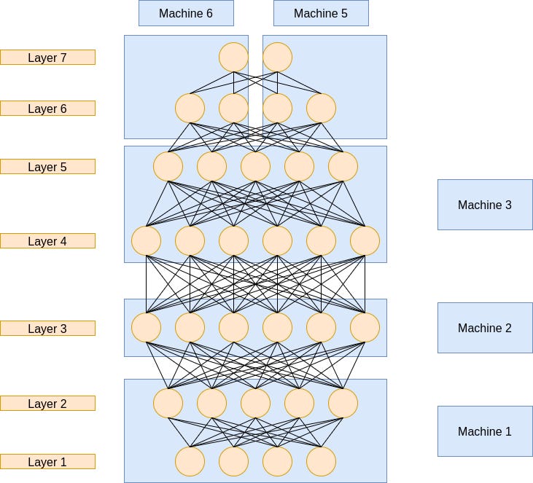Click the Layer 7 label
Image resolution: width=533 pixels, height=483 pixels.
coord(47,57)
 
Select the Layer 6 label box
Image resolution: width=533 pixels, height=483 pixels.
coord(47,109)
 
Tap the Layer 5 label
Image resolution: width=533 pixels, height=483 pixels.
coord(47,167)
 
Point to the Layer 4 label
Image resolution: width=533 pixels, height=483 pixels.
coord(47,241)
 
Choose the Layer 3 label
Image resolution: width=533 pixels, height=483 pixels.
coord(47,329)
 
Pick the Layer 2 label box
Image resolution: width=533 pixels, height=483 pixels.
coord(47,404)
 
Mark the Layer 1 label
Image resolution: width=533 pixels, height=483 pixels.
coord(47,462)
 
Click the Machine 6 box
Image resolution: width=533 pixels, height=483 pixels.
coord(186,13)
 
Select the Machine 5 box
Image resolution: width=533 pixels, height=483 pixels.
coord(321,13)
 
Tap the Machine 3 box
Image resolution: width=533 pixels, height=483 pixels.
coord(485,205)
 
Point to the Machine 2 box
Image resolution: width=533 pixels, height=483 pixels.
coord(485,328)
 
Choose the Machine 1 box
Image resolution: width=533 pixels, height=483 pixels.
coord(485,431)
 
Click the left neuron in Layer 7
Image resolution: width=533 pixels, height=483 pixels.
coord(233,57)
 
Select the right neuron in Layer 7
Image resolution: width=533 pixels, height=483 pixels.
coord(277,57)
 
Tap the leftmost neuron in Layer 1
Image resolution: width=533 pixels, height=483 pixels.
coord(190,461)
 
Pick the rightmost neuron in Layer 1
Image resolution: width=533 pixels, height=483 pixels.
coord(321,461)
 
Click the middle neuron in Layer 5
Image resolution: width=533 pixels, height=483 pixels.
coord(255,166)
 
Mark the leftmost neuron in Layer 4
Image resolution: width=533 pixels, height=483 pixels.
coord(146,241)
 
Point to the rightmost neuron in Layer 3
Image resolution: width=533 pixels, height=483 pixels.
coord(365,328)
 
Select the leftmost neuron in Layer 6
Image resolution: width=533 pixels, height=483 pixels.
coord(190,109)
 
